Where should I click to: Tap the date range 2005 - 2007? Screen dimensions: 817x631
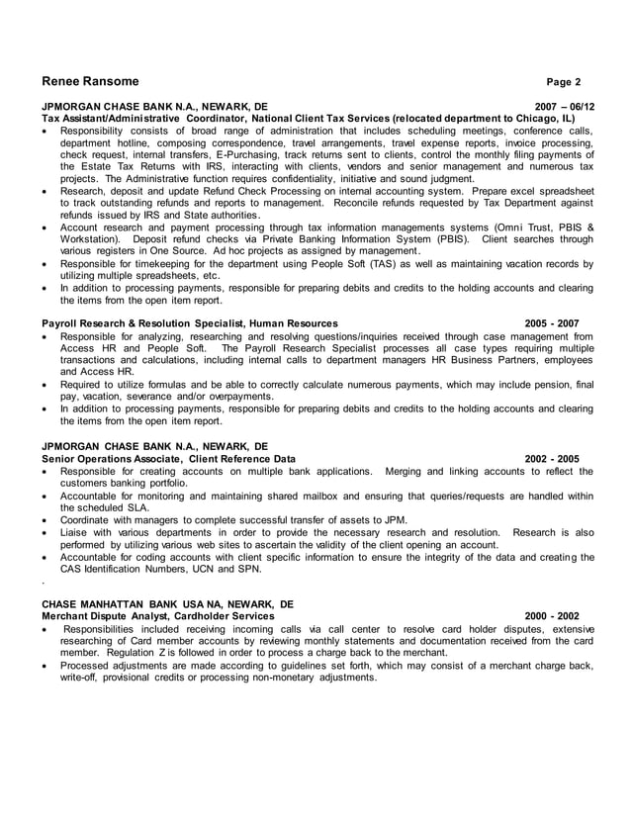552,323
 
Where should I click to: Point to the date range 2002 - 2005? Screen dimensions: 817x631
552,459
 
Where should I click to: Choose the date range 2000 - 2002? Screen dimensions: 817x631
552,616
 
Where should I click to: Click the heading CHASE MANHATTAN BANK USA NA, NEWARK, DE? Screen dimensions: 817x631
167,603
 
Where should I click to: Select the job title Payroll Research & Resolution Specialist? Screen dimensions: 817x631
144,323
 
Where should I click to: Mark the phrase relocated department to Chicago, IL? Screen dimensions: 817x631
482,118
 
